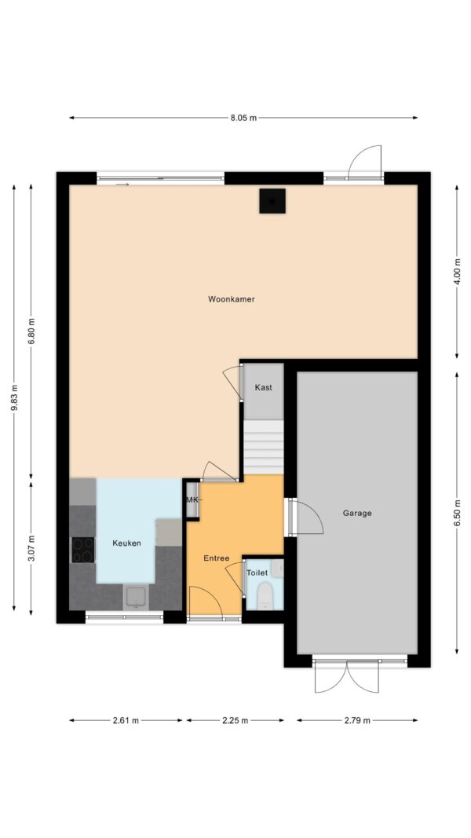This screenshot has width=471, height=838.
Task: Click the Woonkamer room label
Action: point(232,299)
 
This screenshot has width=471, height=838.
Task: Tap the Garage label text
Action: point(357,513)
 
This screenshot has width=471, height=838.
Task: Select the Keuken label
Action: point(126,543)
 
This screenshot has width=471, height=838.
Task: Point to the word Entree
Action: point(217,558)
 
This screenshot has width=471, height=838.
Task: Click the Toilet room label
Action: point(257,573)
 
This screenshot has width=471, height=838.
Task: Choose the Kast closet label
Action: point(263,387)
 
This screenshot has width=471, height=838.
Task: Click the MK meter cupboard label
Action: point(192,500)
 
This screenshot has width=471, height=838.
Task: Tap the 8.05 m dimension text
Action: point(243,118)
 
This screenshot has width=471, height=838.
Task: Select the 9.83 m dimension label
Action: point(14,397)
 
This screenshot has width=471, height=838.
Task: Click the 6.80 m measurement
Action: point(31,332)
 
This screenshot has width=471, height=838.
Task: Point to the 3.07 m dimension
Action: point(31,548)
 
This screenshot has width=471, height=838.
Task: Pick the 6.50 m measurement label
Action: point(457,514)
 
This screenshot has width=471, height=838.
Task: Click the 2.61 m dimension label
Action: point(126,720)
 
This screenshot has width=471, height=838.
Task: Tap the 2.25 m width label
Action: point(235,720)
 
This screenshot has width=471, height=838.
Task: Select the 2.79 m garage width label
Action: point(357,720)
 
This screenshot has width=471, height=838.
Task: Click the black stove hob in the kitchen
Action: point(82,550)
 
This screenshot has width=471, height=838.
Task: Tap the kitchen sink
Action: point(137,597)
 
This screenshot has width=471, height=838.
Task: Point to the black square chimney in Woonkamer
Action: point(272,201)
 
